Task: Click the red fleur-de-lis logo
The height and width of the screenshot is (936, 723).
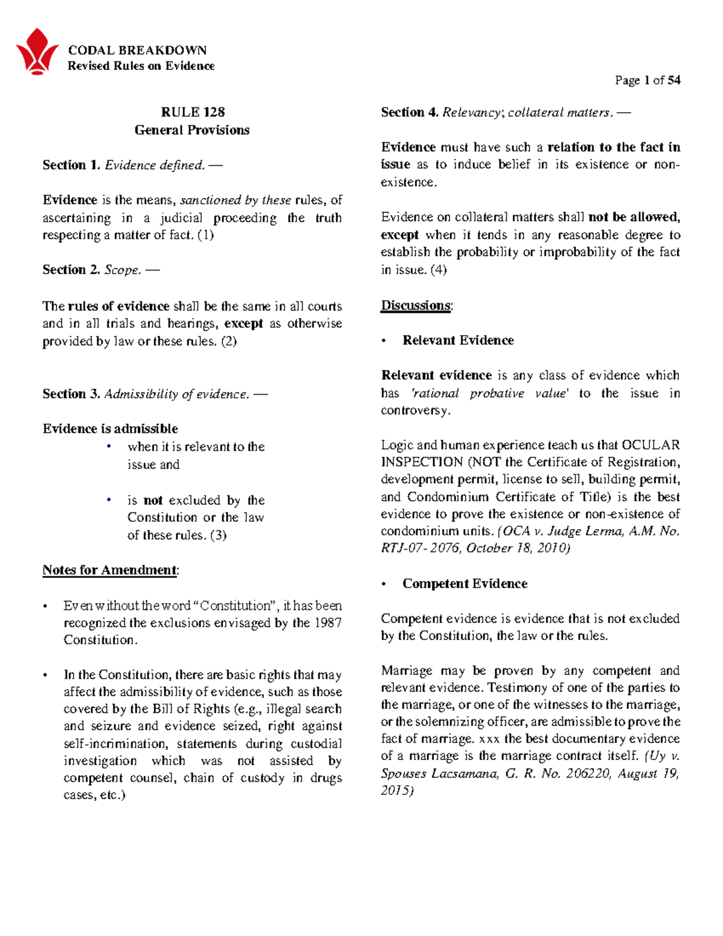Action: point(37,52)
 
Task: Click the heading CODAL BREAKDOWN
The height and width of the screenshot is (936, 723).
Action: point(137,50)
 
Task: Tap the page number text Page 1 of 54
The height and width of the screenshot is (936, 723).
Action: point(647,80)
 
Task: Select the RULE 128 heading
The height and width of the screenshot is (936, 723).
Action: point(193,112)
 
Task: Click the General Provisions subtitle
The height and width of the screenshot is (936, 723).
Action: point(192,130)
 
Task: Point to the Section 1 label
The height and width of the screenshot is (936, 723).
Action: point(70,165)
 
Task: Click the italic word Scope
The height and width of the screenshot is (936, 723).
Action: point(122,270)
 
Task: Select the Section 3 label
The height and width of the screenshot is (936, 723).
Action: point(70,394)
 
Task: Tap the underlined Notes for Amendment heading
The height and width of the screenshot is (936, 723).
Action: point(110,570)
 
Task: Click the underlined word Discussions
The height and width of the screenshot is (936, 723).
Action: point(415,306)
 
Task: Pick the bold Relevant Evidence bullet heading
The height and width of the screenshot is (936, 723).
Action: point(458,341)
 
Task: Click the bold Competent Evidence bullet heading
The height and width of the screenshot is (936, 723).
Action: point(465,584)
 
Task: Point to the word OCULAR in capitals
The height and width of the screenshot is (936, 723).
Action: point(651,445)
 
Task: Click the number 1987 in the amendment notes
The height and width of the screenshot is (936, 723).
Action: point(328,623)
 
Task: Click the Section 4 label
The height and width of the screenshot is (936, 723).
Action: point(409,113)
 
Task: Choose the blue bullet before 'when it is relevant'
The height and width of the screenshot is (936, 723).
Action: point(108,447)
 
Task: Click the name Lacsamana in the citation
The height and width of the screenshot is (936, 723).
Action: point(463,774)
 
